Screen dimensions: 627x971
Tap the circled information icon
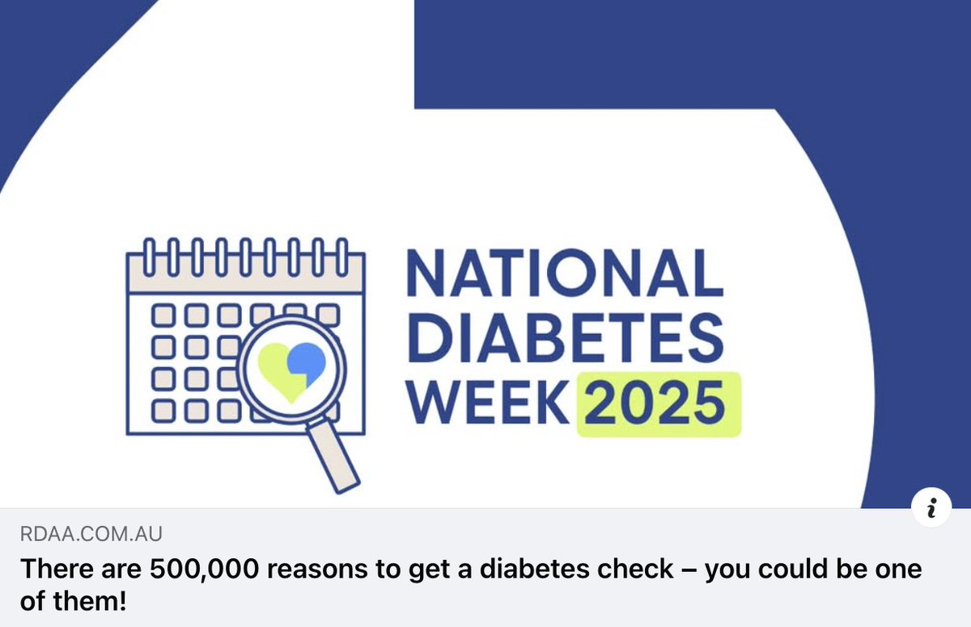click(931, 508)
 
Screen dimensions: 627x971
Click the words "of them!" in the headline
click(74, 601)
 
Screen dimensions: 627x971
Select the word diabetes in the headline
click(525, 569)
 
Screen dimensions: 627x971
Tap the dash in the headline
click(689, 569)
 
